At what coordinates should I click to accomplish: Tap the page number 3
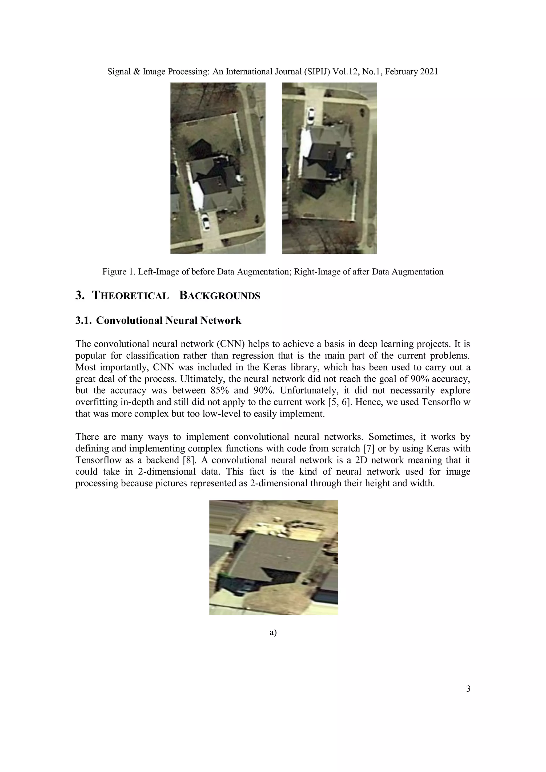[468, 689]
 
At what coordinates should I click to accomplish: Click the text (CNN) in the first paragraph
[230, 344]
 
